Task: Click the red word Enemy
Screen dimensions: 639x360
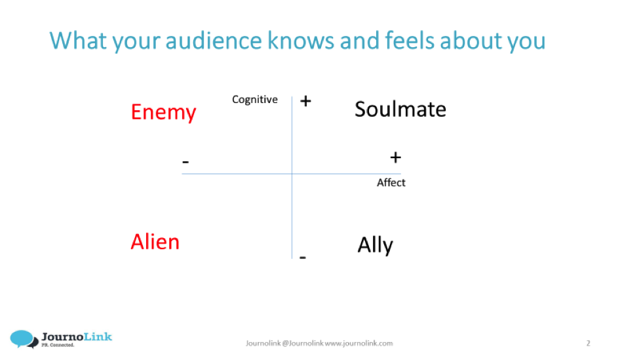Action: [163, 112]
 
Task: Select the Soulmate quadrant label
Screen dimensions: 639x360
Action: [400, 110]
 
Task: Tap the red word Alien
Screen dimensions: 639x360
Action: [155, 242]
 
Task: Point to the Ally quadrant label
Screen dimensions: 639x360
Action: [376, 245]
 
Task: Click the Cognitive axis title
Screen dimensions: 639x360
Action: [255, 100]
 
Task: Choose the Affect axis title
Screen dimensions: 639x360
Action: [391, 183]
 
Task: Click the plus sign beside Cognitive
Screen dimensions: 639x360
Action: [305, 101]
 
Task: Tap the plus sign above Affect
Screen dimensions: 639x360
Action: [395, 157]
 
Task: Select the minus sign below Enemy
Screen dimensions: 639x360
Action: [185, 162]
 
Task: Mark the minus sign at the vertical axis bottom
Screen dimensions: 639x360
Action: [302, 257]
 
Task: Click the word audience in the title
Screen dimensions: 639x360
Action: [214, 41]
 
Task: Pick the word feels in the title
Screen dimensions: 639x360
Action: [410, 41]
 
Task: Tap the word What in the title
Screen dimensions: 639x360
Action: [78, 41]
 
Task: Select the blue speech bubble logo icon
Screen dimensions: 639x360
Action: [23, 339]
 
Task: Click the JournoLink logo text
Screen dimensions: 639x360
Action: [77, 337]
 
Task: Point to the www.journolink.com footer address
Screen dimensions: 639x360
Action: [359, 344]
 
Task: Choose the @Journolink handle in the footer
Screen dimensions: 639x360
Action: [303, 344]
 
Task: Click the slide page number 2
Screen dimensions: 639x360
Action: [588, 344]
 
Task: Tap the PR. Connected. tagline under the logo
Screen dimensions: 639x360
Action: [58, 345]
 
